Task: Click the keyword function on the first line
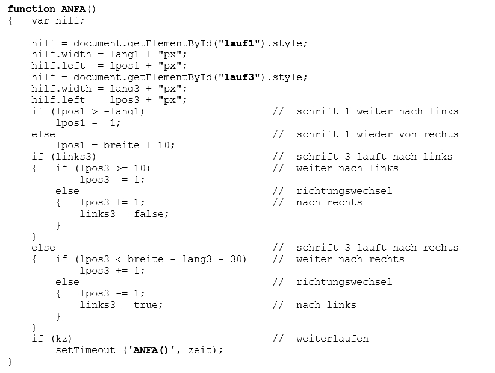tap(31, 9)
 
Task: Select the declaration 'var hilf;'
tap(58, 20)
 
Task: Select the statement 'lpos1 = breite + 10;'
tap(115, 145)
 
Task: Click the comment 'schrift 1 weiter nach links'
tap(377, 111)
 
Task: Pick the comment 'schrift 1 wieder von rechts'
tap(377, 134)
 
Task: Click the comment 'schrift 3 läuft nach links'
tap(374, 157)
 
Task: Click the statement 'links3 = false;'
tap(124, 213)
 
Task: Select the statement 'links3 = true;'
tap(121, 305)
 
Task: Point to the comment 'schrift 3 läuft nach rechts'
tap(377, 248)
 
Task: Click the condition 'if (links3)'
tap(63, 157)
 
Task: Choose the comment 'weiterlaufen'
tap(332, 339)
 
